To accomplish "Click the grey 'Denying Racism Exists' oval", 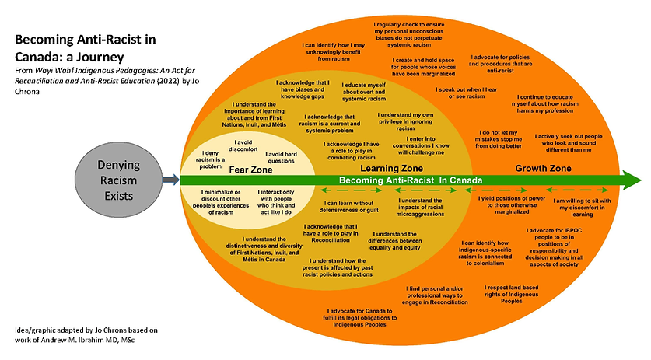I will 121,180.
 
